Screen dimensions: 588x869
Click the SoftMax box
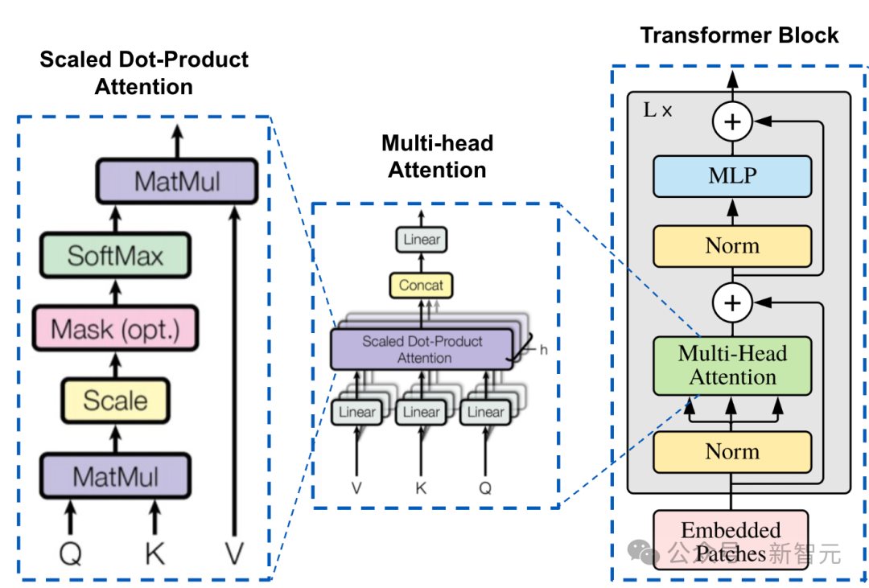115,256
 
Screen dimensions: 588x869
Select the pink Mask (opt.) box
115,328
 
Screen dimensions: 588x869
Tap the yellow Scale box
115,401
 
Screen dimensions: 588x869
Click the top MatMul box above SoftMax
176,180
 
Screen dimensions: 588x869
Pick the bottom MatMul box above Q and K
115,476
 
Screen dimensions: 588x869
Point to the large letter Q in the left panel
71,553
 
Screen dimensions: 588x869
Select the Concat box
422,285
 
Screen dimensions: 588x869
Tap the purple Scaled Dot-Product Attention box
422,349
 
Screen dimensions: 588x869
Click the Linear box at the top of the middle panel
422,239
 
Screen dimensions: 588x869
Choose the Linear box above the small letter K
422,412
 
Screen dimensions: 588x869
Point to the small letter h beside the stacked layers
544,350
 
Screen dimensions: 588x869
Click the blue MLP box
732,175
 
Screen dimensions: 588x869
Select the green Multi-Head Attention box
732,366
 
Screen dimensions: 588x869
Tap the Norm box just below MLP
732,245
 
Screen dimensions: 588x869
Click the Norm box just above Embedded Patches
732,451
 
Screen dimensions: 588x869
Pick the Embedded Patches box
731,541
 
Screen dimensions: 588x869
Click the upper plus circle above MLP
732,122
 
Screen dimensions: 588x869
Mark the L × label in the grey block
657,110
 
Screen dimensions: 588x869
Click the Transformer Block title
739,35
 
